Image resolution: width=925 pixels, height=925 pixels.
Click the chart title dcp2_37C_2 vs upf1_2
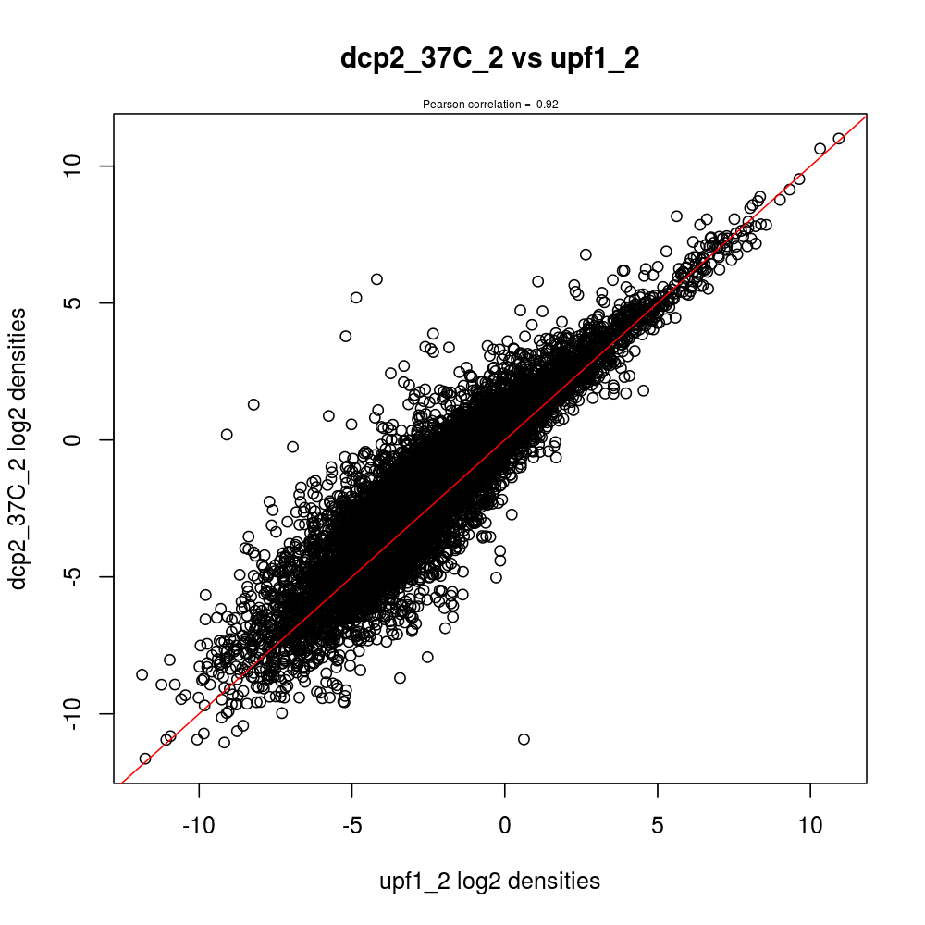[490, 58]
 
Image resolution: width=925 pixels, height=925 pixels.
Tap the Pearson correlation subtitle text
[490, 105]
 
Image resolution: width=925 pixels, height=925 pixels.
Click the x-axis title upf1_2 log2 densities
[490, 882]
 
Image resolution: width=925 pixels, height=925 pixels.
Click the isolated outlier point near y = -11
[524, 739]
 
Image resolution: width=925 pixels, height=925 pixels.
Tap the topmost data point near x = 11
[839, 139]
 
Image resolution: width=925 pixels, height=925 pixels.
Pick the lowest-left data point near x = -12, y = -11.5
[145, 758]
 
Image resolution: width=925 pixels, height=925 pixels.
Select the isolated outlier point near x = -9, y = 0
[227, 434]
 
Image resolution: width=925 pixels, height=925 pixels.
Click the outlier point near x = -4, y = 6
[376, 278]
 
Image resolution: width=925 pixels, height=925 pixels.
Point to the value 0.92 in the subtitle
[548, 105]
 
